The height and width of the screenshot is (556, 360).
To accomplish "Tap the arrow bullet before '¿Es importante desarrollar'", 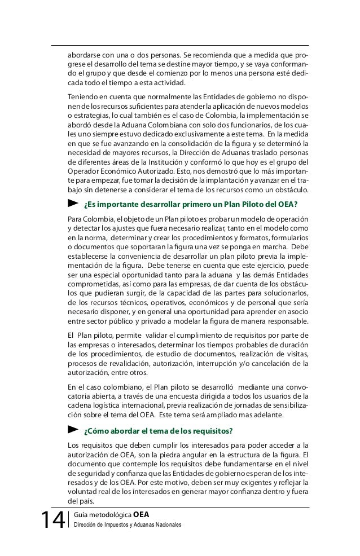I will click(72, 202).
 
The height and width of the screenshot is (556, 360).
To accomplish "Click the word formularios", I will click(287, 237).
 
